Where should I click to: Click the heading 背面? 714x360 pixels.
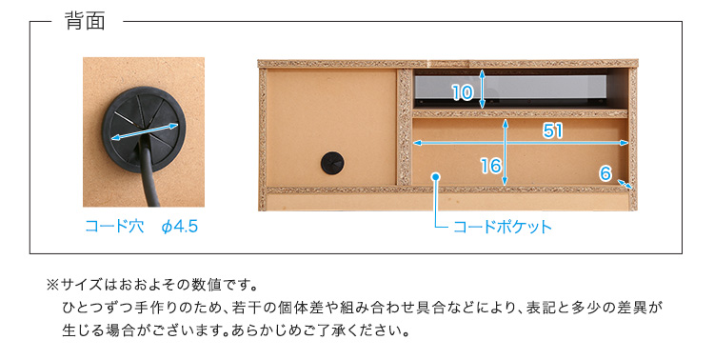[85, 21]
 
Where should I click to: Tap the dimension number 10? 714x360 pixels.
[463, 92]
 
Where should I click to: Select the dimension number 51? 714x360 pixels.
[553, 130]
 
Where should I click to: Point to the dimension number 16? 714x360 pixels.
[491, 166]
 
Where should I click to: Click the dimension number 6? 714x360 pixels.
[605, 173]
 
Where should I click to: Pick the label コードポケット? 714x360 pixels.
[503, 227]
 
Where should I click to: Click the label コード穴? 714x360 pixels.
[114, 226]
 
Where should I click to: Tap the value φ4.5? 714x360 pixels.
[180, 227]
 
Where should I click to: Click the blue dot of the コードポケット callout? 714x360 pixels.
[436, 177]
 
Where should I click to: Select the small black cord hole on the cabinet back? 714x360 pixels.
[332, 163]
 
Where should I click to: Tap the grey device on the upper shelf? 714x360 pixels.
[510, 88]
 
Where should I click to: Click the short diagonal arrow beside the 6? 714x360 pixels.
[625, 184]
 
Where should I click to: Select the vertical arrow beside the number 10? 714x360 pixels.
[483, 90]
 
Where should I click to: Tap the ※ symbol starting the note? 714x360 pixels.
[52, 286]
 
